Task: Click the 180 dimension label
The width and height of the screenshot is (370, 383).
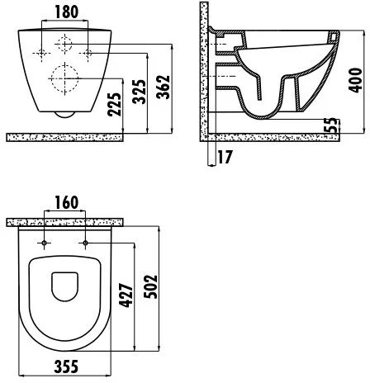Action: point(67,12)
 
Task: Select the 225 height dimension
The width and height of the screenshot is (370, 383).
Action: point(114,105)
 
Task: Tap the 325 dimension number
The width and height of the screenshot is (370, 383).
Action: point(139,92)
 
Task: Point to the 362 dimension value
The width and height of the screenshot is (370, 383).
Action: point(163,87)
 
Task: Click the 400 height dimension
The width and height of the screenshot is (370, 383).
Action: point(355,80)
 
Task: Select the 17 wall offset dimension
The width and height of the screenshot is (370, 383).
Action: point(225,157)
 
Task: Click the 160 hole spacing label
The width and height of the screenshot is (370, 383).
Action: point(67,202)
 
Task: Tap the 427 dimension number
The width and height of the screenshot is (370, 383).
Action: point(126,295)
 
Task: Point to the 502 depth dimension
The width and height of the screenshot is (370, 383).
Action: point(150,286)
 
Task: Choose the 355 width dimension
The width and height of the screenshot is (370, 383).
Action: point(66,366)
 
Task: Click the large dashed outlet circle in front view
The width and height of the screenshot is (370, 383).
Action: point(65,78)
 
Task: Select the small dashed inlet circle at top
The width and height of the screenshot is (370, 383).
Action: point(64,44)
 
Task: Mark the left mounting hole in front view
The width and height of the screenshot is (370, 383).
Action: point(41,53)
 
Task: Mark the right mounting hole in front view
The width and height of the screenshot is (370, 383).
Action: point(88,53)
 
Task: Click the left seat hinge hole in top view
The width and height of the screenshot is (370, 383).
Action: point(44,243)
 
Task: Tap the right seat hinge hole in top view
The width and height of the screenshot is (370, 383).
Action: point(85,243)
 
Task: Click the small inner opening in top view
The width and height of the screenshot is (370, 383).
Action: point(65,286)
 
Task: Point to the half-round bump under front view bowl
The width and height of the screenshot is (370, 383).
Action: point(65,115)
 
